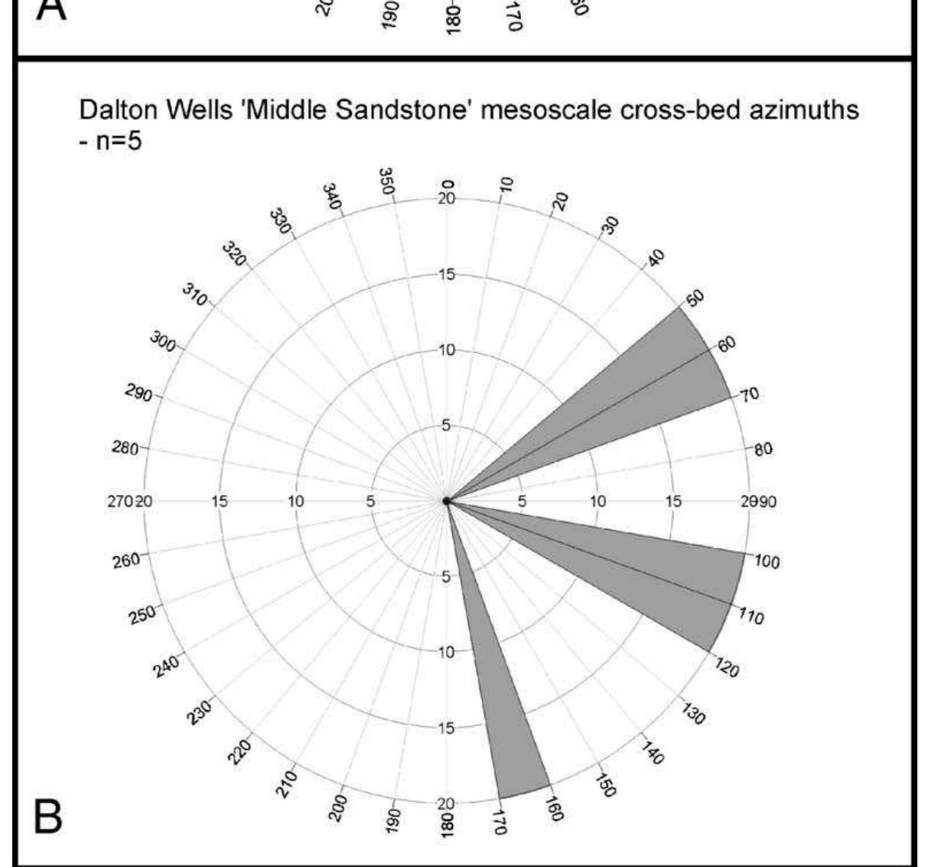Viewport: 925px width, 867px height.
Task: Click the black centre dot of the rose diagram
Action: pyautogui.click(x=446, y=501)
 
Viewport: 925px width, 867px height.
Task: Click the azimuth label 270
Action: pyautogui.click(x=121, y=502)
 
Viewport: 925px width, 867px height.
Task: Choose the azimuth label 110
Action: pyautogui.click(x=751, y=617)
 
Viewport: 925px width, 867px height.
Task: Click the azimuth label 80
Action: pyautogui.click(x=763, y=448)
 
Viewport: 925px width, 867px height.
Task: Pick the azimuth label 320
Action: pyautogui.click(x=235, y=253)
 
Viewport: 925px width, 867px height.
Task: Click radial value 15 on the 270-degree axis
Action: pyautogui.click(x=220, y=502)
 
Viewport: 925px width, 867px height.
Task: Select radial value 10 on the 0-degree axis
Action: pyautogui.click(x=446, y=350)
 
